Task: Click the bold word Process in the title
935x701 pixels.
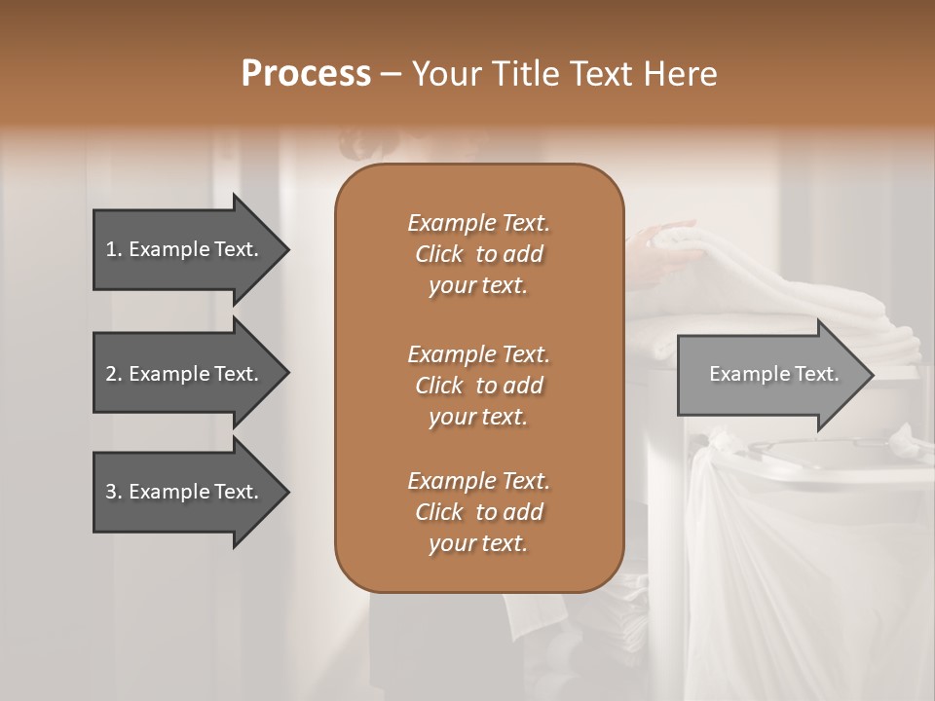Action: (306, 74)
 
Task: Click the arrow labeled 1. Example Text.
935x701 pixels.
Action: (185, 249)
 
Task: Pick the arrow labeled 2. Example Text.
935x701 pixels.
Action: (185, 374)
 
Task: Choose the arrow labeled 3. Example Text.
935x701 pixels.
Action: (185, 492)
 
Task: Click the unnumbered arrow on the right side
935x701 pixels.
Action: (769, 375)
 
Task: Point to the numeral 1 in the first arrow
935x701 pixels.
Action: (111, 249)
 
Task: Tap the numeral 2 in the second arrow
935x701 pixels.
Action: (111, 374)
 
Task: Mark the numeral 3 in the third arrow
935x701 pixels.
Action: (111, 492)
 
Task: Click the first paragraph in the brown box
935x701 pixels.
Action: (478, 254)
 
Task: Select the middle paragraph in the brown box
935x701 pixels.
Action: (478, 386)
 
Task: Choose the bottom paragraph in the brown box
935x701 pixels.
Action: (478, 512)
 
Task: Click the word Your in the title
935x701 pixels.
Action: (443, 74)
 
